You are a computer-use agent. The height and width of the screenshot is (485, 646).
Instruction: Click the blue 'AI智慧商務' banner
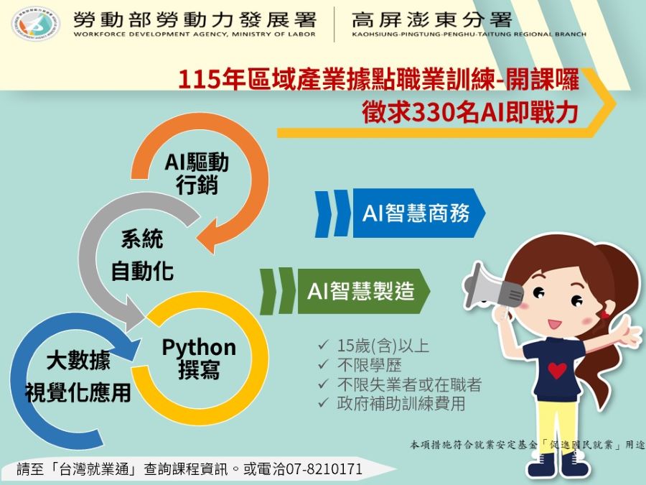[416, 213]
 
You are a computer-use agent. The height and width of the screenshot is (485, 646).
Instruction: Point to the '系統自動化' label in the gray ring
[142, 255]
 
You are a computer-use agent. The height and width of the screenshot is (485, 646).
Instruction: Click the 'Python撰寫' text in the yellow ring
[199, 359]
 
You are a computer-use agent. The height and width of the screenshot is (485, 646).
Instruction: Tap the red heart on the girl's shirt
[557, 370]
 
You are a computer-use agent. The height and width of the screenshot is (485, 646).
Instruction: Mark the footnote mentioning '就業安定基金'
[528, 445]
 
